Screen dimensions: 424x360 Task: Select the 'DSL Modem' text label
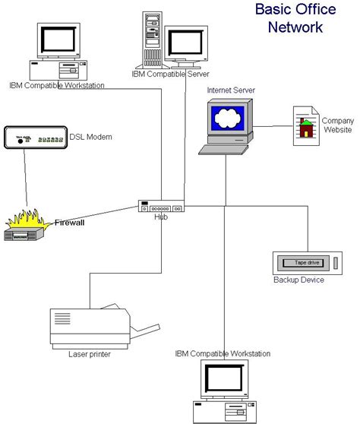pos(90,137)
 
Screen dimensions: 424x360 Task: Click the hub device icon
pos(160,206)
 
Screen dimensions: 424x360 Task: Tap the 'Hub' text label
pos(160,217)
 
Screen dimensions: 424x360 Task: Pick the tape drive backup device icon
pos(307,263)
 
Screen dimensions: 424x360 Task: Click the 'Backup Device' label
pos(298,280)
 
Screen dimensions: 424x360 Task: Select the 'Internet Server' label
pos(231,90)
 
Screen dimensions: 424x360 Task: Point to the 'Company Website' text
pos(337,125)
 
